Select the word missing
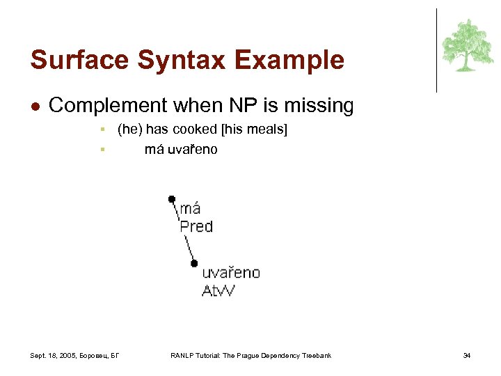point(320,107)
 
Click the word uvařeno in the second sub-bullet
point(192,149)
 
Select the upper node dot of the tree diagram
point(172,199)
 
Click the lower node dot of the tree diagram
point(194,263)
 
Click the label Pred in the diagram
point(196,226)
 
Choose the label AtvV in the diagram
point(218,290)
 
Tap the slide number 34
point(467,356)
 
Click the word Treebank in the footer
point(315,356)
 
